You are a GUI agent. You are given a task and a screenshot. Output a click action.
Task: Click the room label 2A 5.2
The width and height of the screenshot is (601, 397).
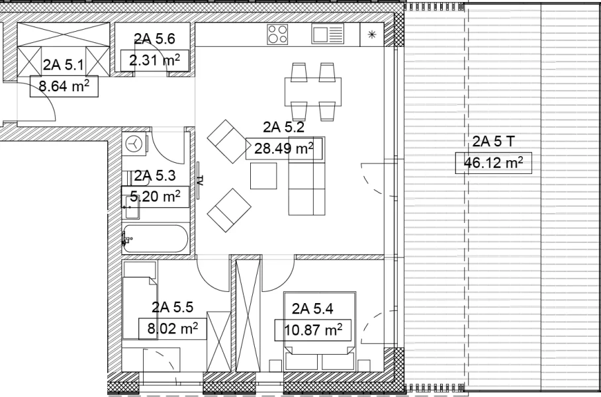coord(284,127)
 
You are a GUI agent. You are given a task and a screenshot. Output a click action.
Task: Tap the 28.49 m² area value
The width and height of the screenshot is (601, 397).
coord(284,148)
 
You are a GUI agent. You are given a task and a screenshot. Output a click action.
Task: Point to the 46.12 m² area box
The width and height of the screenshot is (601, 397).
coord(493,163)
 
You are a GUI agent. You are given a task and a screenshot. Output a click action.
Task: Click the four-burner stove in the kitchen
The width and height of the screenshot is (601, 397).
coord(277,34)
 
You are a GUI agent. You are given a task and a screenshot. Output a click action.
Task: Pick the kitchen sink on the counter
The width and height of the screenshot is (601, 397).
coord(328,34)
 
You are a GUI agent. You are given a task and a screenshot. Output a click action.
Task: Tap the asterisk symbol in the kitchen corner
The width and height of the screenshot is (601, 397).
coord(371,34)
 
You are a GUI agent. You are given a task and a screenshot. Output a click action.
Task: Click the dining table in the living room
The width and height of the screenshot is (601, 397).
coord(313,91)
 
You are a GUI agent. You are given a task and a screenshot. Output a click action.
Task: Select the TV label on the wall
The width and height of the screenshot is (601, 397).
coord(200,181)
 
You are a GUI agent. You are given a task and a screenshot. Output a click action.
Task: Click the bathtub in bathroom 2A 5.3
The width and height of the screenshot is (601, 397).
coord(156,238)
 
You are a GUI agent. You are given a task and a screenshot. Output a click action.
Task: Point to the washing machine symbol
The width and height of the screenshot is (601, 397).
coord(134,144)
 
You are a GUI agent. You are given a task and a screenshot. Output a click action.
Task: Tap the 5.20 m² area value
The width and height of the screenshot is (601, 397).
coord(155,197)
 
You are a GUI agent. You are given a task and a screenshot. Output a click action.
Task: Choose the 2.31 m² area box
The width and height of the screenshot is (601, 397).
coord(155,61)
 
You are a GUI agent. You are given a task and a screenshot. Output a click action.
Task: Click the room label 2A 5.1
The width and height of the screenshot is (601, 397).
coord(64,65)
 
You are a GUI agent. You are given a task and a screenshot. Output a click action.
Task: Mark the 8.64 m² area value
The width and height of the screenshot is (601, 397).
coord(64,86)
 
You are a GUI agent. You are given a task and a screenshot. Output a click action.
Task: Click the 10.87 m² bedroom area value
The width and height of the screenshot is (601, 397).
coord(313,330)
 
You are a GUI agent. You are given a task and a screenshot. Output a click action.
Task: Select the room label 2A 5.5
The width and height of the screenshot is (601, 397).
coord(172,307)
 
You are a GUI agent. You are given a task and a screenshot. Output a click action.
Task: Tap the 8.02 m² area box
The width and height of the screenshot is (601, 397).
coord(173,329)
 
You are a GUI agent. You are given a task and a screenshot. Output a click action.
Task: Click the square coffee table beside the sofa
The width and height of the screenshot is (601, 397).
coord(263,176)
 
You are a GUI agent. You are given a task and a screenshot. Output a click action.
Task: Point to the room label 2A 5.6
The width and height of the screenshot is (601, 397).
coord(154,38)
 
